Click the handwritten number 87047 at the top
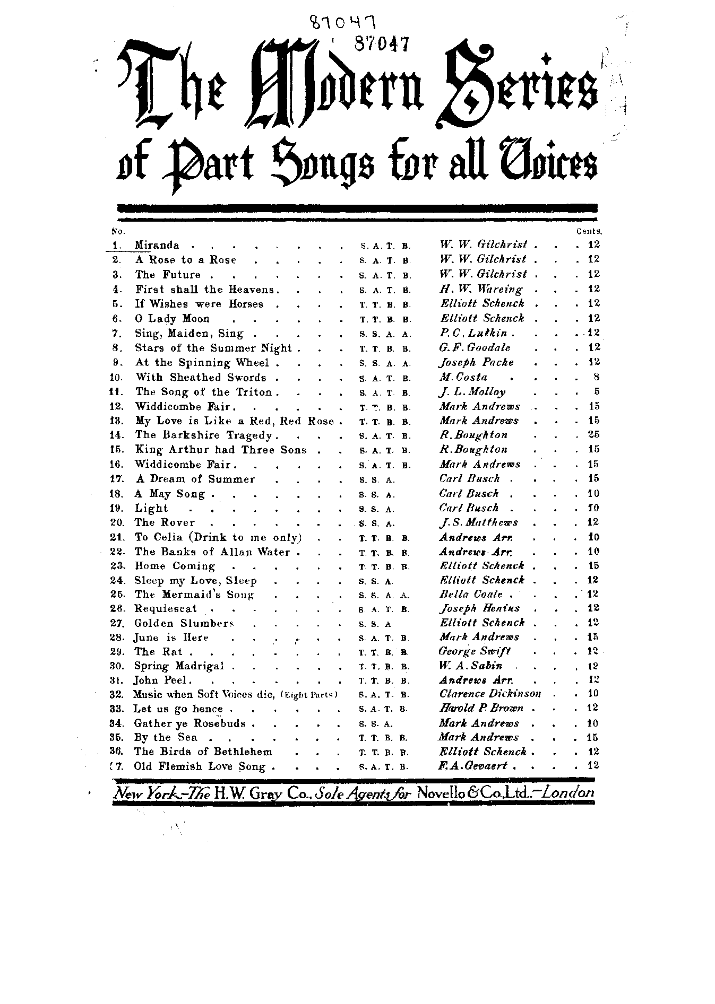click(x=342, y=23)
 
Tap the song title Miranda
click(x=157, y=245)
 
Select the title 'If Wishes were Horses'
click(x=199, y=304)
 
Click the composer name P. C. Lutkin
click(x=473, y=333)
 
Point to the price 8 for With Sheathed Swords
click(x=596, y=377)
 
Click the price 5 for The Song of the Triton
click(x=596, y=392)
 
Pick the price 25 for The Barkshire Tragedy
click(x=593, y=435)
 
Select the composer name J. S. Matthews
click(x=479, y=522)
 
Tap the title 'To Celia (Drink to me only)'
click(x=218, y=537)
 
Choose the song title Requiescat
click(x=165, y=609)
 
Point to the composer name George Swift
click(x=474, y=651)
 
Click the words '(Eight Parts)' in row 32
click(x=308, y=695)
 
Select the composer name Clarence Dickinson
click(x=490, y=694)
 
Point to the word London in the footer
click(x=568, y=793)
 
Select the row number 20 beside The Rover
click(x=116, y=522)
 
